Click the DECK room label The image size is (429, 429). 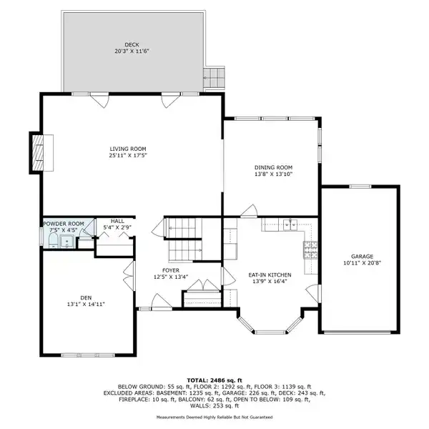[132, 44]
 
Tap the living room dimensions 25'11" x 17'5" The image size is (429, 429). [128, 156]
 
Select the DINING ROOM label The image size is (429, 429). [273, 167]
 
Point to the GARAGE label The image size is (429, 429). [362, 257]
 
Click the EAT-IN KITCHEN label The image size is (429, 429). [270, 275]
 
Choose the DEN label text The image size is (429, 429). [86, 297]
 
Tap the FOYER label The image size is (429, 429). [171, 270]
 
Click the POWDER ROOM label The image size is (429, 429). [64, 224]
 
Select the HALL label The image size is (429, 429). [117, 221]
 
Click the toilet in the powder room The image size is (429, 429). [53, 242]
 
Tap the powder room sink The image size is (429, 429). [66, 242]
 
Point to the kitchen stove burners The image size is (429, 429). [310, 250]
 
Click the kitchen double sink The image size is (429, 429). [290, 225]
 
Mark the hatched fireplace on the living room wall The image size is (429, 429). [38, 153]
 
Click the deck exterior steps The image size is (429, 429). [214, 77]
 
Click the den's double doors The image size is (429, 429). [129, 276]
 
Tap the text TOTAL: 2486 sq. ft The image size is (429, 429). [214, 380]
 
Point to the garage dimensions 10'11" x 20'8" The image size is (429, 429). [363, 263]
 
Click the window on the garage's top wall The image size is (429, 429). [360, 187]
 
